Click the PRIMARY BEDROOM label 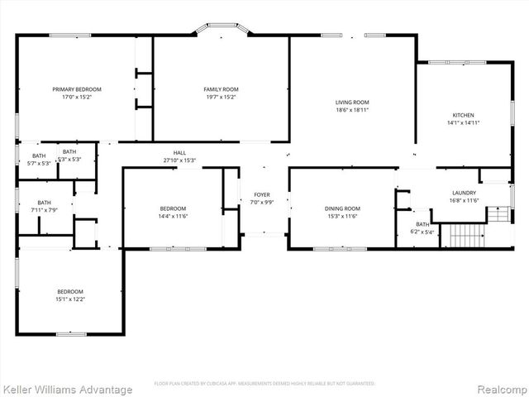pyautogui.click(x=76, y=88)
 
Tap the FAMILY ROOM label pyautogui.click(x=221, y=88)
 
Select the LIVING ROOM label pyautogui.click(x=351, y=102)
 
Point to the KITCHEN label pyautogui.click(x=463, y=115)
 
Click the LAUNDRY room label pyautogui.click(x=464, y=193)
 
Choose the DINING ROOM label pyautogui.click(x=341, y=208)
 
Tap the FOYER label pyautogui.click(x=261, y=194)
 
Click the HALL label pyautogui.click(x=179, y=152)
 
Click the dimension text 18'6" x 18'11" pyautogui.click(x=351, y=110)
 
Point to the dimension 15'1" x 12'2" pyautogui.click(x=70, y=299)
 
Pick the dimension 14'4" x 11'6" pyautogui.click(x=173, y=216)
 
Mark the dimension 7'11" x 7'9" pyautogui.click(x=43, y=210)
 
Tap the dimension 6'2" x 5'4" pyautogui.click(x=422, y=232)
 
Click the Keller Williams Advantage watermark pyautogui.click(x=67, y=390)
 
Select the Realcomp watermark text pyautogui.click(x=499, y=390)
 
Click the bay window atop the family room pyautogui.click(x=222, y=31)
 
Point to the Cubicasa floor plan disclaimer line pyautogui.click(x=264, y=384)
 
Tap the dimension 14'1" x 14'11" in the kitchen pyautogui.click(x=463, y=122)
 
